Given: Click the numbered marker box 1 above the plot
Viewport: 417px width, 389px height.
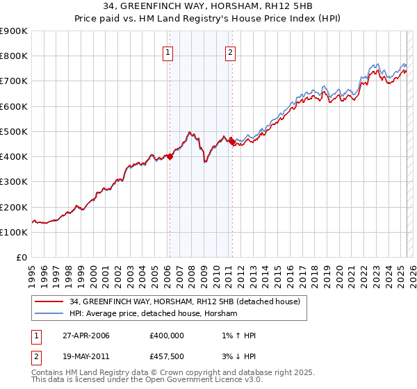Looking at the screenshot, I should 169,51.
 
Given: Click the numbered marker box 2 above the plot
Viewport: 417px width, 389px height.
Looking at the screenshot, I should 230,51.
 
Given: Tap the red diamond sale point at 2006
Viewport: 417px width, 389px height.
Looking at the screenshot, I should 170,156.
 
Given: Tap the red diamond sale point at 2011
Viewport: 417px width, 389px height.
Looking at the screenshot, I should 231,142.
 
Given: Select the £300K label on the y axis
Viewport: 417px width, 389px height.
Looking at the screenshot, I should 14,182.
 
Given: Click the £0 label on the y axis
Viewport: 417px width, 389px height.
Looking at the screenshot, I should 20,258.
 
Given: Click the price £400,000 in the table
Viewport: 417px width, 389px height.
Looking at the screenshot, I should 166,336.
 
